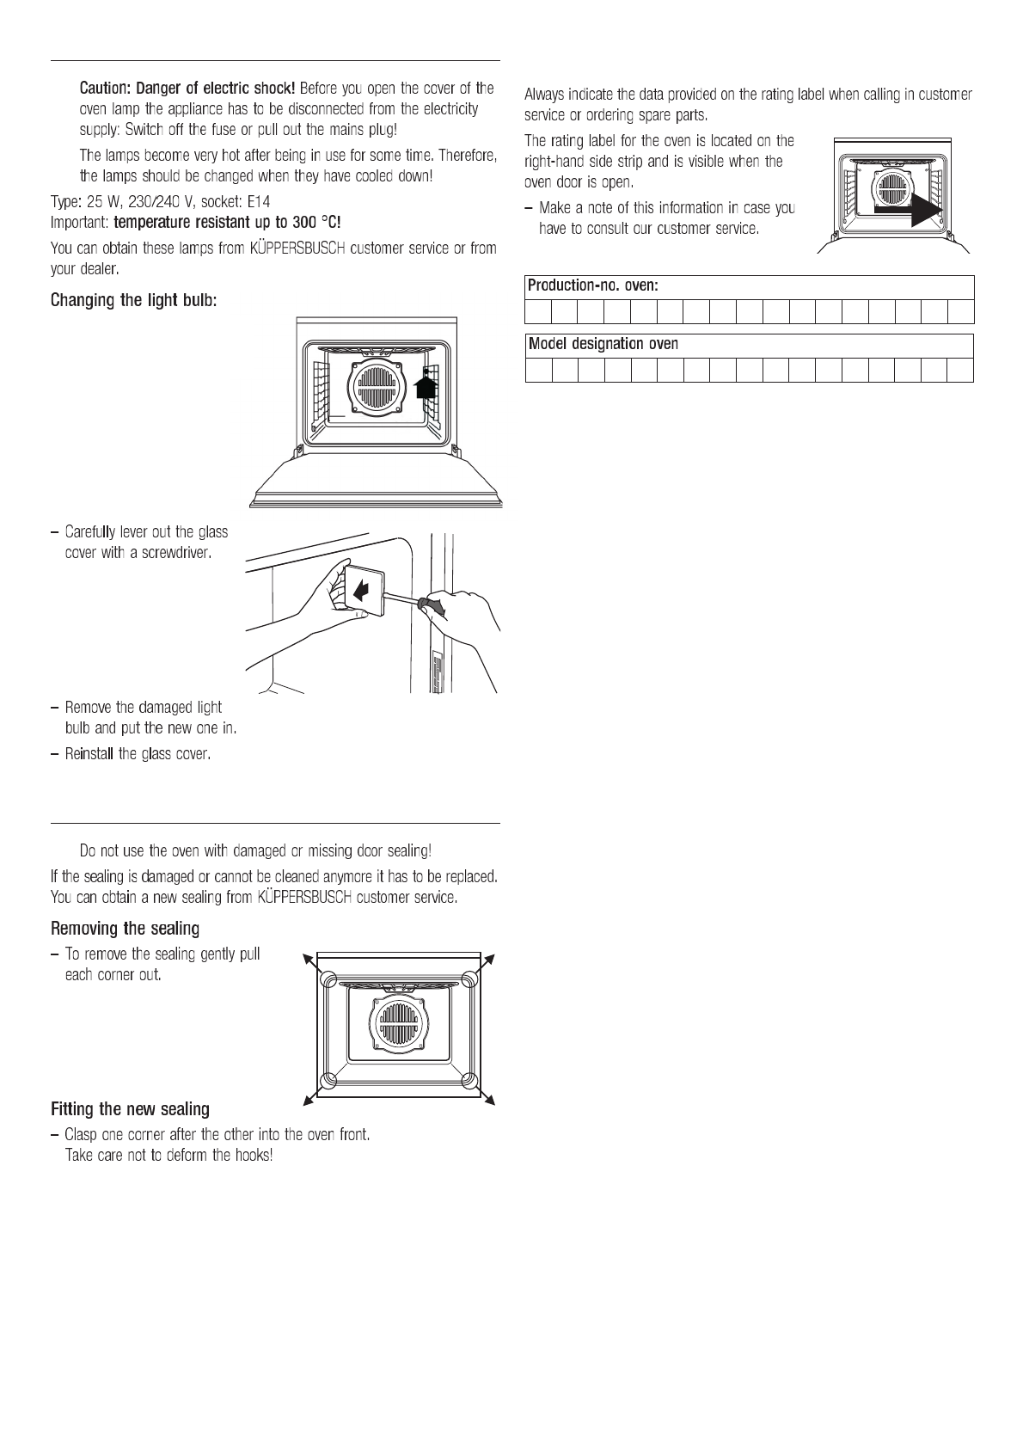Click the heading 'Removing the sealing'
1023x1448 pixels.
point(125,929)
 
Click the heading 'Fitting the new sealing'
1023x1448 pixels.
point(130,1109)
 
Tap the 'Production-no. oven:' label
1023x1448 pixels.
point(593,285)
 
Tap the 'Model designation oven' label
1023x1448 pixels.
point(603,344)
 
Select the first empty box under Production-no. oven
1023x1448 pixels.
point(538,311)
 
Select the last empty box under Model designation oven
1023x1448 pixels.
point(960,370)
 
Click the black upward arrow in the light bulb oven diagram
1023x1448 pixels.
point(426,386)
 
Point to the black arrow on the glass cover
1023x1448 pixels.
point(362,590)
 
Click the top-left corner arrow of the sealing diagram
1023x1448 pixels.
point(312,960)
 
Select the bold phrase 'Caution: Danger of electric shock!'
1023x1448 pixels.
point(187,89)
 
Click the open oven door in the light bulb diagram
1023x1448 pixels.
point(376,482)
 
